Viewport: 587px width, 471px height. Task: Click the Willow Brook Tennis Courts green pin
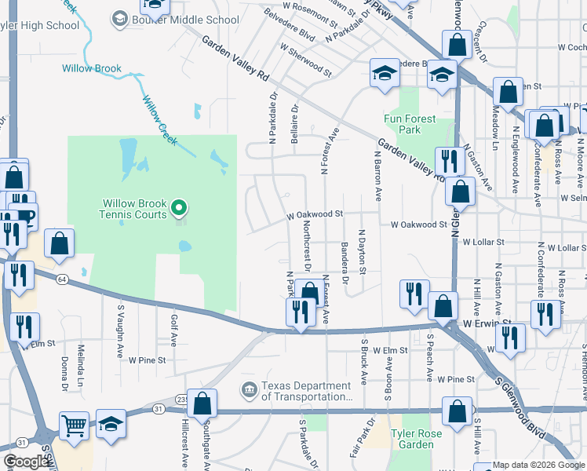tap(179, 208)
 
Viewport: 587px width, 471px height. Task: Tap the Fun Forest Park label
tap(409, 124)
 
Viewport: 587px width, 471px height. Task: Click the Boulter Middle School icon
tap(119, 19)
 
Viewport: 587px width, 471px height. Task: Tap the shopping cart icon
tap(74, 426)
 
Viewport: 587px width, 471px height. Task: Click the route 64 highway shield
tap(60, 279)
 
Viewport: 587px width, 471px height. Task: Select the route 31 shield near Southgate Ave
tap(159, 408)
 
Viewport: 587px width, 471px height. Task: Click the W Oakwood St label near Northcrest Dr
tap(315, 214)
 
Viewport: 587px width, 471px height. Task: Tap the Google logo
tap(25, 462)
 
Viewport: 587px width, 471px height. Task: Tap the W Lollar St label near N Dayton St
tap(483, 242)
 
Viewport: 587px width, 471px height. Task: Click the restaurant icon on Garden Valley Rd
tap(449, 162)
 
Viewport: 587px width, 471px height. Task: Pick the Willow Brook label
tap(92, 68)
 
